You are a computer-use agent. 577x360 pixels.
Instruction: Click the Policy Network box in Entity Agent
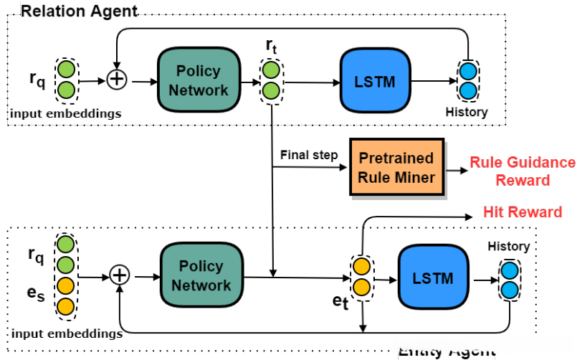click(201, 275)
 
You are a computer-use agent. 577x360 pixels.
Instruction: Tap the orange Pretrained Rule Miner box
click(396, 167)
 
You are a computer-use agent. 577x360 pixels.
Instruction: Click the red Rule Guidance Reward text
click(523, 171)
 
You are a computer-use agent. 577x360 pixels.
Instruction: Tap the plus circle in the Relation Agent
click(117, 80)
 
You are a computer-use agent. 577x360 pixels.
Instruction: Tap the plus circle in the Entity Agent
click(120, 275)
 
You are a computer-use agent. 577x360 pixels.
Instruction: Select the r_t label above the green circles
click(271, 46)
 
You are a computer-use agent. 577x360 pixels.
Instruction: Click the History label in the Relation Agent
click(466, 112)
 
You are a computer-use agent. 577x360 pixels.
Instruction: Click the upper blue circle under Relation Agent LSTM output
click(467, 72)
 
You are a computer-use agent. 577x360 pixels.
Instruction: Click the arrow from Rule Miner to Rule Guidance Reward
click(456, 171)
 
